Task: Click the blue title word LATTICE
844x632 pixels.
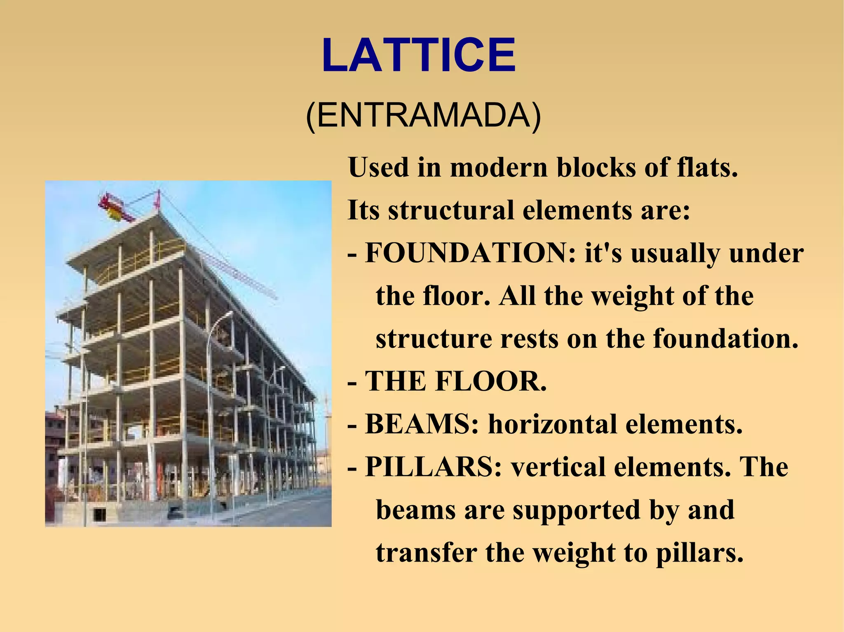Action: click(418, 56)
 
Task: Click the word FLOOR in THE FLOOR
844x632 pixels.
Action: click(491, 381)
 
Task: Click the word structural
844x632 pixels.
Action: click(451, 210)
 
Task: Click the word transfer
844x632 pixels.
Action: click(427, 553)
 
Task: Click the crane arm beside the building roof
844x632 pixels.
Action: click(239, 272)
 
